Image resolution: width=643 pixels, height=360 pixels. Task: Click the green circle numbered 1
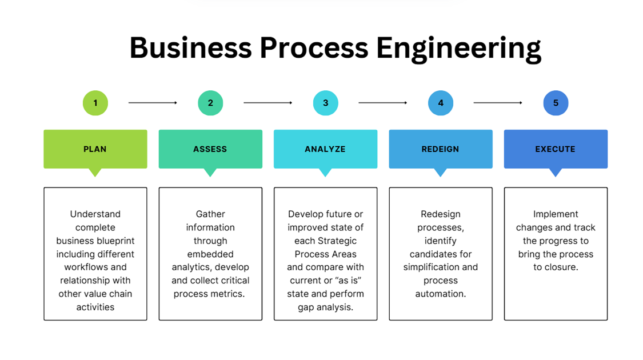(x=95, y=103)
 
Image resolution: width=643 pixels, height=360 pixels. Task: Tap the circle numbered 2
(x=210, y=103)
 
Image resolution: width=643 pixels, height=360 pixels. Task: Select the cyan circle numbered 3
(x=326, y=103)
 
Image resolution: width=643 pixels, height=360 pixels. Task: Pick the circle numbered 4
(x=441, y=103)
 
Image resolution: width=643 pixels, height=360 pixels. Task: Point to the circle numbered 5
(x=556, y=103)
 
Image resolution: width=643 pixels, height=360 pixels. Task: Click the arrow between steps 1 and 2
(x=153, y=103)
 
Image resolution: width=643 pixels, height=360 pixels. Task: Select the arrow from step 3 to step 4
(x=383, y=103)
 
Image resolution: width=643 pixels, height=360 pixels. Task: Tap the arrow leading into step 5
(x=498, y=103)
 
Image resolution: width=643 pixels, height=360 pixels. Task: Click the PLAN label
(x=95, y=149)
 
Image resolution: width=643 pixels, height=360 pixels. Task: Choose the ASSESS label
(x=210, y=149)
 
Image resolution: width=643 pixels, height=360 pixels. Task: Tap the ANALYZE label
(x=325, y=149)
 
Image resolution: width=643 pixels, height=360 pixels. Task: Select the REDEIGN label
(x=441, y=149)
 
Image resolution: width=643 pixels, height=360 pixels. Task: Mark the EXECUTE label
(x=556, y=149)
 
